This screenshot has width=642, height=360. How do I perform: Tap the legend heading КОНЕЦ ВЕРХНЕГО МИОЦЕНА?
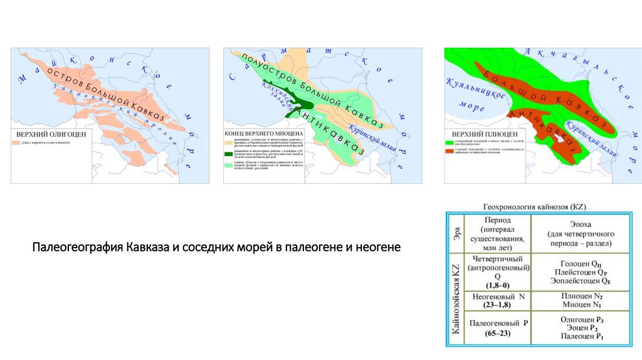pyautogui.click(x=264, y=134)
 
